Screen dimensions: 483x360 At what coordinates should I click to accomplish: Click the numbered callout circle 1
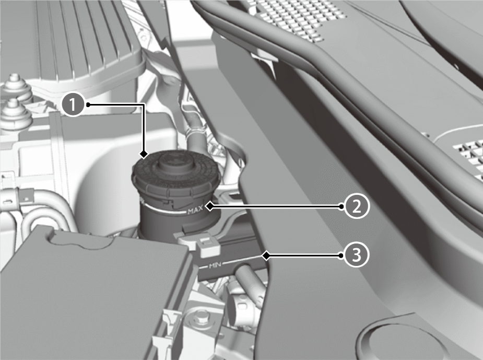(73, 105)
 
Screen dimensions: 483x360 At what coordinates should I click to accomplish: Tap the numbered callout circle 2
(356, 206)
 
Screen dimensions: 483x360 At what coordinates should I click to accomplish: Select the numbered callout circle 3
(356, 255)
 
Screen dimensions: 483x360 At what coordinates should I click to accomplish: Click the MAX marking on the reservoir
(195, 211)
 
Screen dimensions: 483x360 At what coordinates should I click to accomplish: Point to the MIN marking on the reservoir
(215, 265)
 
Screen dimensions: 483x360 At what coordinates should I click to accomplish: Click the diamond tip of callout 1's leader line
(144, 154)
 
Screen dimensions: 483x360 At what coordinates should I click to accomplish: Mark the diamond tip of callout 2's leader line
(210, 206)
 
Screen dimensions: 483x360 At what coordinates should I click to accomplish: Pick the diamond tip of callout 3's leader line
(266, 256)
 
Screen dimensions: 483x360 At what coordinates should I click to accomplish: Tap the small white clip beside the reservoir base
(209, 247)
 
